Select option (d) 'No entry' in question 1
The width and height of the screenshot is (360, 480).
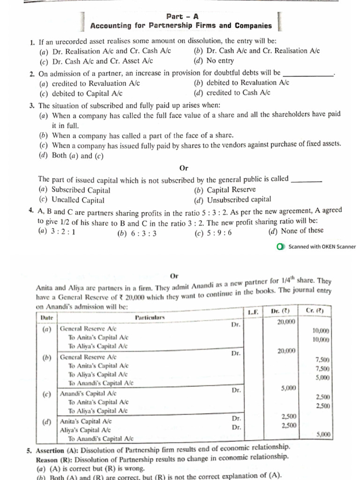(214, 61)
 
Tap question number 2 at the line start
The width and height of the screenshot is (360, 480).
(32, 74)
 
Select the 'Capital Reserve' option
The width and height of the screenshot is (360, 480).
(231, 190)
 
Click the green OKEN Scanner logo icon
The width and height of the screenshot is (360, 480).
(280, 247)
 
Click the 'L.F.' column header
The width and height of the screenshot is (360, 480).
(253, 311)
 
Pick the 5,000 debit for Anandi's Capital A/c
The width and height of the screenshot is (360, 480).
(288, 388)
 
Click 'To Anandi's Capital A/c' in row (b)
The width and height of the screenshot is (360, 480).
(101, 383)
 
